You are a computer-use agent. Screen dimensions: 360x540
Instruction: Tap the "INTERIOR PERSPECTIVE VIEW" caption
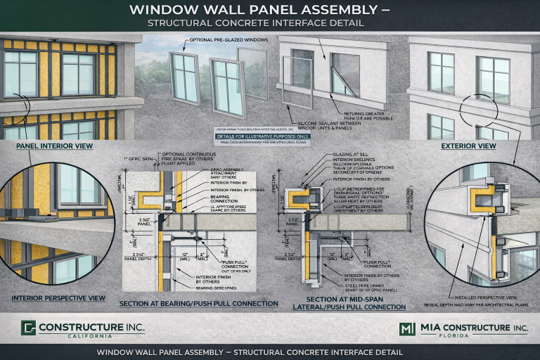pyautogui.click(x=58, y=298)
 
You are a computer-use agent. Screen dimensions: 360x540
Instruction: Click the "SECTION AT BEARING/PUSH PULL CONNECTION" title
pyautogui.click(x=199, y=303)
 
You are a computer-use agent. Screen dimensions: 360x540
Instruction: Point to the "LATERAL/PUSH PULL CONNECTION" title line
pyautogui.click(x=356, y=307)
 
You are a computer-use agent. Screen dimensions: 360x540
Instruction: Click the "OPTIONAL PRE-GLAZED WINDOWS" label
pyautogui.click(x=231, y=40)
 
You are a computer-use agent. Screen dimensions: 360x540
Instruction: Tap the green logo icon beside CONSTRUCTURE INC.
pyautogui.click(x=28, y=328)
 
